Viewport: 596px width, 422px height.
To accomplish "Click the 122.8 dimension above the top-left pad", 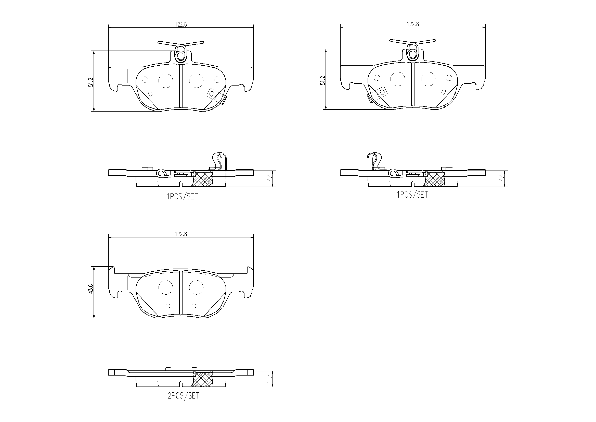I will coord(181,25).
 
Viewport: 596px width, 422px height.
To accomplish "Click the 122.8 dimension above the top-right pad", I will coord(412,24).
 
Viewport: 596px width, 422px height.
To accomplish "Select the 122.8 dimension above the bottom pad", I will coord(181,234).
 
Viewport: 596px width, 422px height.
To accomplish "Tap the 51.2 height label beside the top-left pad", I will coord(91,81).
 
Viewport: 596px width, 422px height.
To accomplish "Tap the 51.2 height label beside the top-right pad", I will coord(323,80).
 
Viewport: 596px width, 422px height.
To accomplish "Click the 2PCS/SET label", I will coord(183,396).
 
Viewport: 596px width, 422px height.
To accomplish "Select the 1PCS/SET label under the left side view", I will coord(182,197).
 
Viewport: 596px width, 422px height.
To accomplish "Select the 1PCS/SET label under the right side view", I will coord(412,195).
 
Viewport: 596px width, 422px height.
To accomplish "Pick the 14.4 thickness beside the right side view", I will coord(502,178).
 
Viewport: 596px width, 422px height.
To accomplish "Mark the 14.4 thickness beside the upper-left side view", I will coord(270,179).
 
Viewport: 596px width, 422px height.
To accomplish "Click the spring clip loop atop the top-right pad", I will coord(412,53).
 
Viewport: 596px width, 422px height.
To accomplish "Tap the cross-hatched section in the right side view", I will coord(434,179).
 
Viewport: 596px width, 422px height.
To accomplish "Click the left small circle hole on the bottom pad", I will coord(168,306).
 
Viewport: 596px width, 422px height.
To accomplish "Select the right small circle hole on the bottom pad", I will coord(194,306).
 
